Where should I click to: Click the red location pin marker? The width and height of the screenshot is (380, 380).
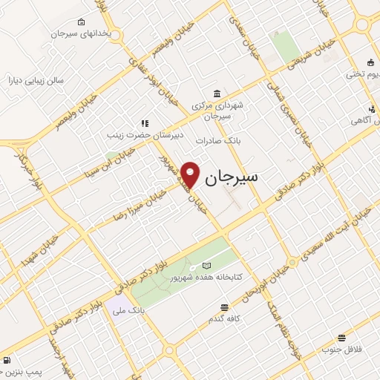tap(191, 174)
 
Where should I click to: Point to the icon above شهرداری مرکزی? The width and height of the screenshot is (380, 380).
tap(216, 94)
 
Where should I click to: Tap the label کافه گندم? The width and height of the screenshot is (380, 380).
tap(223, 318)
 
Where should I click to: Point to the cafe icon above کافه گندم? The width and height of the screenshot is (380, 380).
tap(223, 307)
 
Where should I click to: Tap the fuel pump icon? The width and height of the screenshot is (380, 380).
tap(7, 361)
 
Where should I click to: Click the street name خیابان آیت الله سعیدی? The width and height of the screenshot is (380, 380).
tap(324, 237)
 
